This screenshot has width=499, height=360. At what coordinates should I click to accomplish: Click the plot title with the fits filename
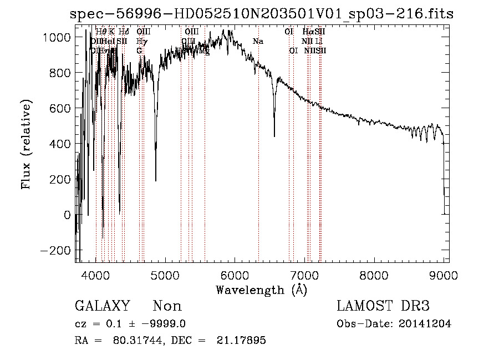click(262, 14)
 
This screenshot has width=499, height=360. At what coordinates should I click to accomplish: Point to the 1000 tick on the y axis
click(58, 37)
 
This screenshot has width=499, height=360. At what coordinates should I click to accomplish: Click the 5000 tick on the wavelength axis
click(165, 274)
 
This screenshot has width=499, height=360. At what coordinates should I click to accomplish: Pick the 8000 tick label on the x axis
click(374, 274)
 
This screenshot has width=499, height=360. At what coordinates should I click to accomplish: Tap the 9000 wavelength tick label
click(443, 274)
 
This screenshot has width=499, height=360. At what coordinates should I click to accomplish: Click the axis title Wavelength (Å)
click(261, 290)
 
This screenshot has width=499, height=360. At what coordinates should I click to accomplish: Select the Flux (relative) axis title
click(26, 144)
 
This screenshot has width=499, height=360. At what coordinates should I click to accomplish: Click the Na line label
click(258, 41)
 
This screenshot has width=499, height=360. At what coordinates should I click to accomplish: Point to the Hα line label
click(308, 32)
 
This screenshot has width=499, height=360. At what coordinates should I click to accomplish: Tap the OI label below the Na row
click(293, 50)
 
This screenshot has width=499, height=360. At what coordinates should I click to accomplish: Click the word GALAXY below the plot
click(102, 306)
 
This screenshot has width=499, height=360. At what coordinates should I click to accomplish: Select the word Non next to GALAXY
click(167, 306)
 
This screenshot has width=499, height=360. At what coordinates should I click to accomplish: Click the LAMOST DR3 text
click(383, 306)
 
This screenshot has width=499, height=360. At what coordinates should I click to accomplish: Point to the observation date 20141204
click(427, 324)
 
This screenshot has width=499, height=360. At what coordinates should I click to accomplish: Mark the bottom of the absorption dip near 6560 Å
click(274, 136)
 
